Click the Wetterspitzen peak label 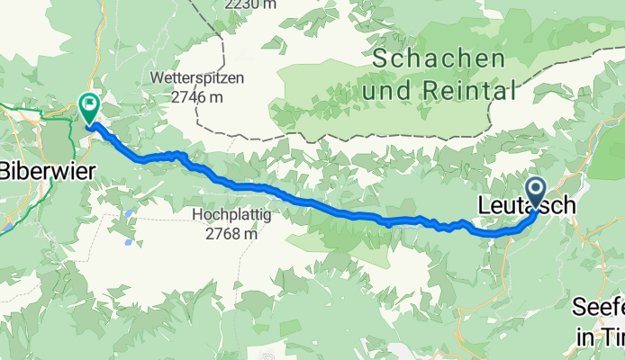coord(198,78)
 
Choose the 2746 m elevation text coord(198,96)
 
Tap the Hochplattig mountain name coord(225,215)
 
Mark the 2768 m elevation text coord(225,233)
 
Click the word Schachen coord(438,60)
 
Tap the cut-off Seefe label coord(598,307)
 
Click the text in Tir coord(600,338)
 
